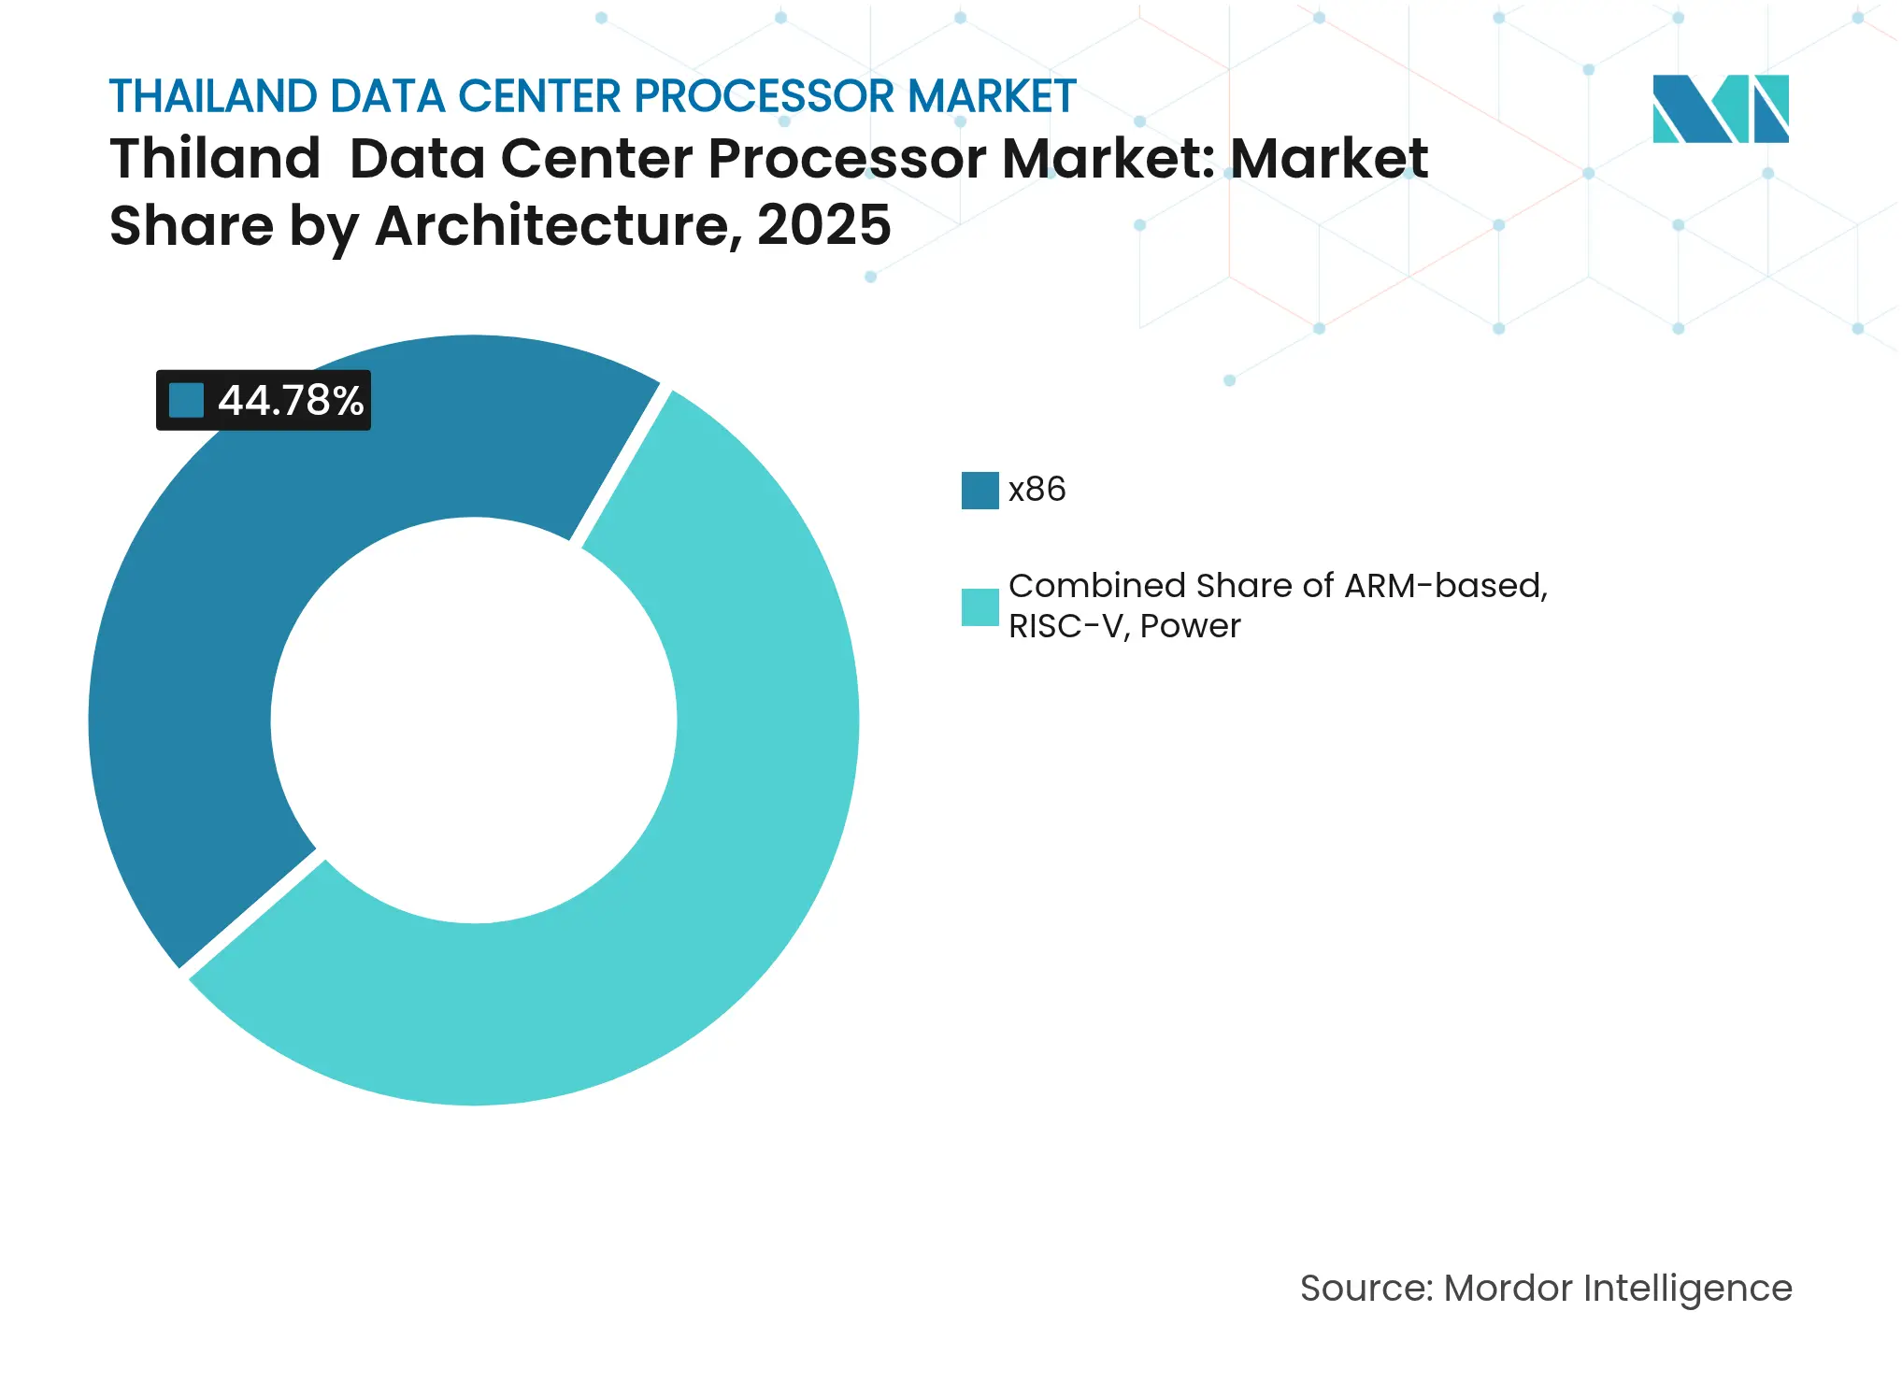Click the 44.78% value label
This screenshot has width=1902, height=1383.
[290, 401]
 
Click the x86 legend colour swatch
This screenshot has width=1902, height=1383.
[980, 491]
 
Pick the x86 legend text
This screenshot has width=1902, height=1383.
[1037, 490]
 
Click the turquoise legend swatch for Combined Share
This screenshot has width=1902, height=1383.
[980, 607]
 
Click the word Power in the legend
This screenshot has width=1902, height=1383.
[1190, 626]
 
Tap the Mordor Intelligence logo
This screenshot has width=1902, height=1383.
[1720, 108]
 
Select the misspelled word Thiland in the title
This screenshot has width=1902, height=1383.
[215, 158]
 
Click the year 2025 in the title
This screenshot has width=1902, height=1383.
[823, 225]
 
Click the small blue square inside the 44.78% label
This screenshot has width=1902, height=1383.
[186, 401]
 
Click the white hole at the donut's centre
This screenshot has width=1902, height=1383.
[474, 720]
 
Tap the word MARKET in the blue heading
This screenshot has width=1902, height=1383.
[992, 96]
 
